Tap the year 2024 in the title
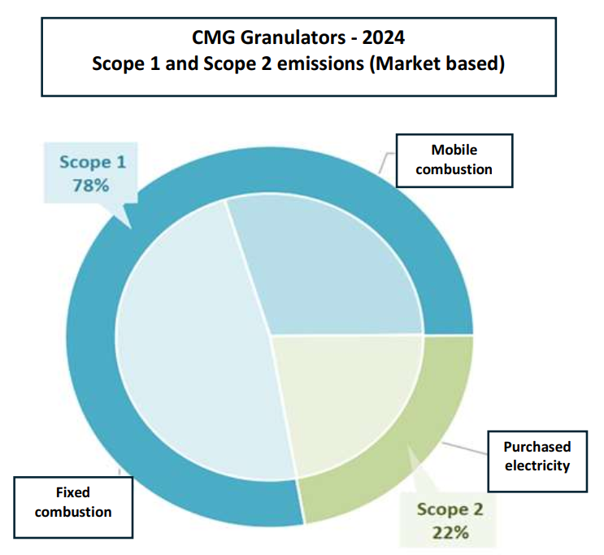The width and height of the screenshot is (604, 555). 386,37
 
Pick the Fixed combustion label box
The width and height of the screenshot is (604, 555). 73,502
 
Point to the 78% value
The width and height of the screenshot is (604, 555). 92,185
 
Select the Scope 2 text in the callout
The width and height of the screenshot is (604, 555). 450,510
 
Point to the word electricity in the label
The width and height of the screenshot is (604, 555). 537,465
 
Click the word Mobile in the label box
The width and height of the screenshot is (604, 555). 454,150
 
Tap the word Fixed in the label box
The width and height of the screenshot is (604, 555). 73,492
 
